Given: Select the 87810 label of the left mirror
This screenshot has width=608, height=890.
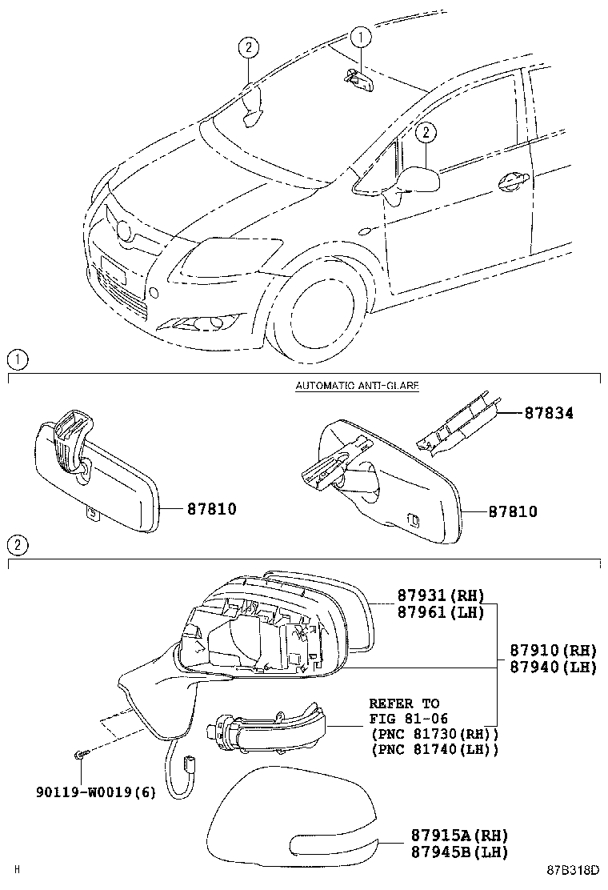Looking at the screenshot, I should point(212,509).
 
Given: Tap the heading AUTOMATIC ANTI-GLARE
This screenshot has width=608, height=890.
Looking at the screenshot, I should point(357,386).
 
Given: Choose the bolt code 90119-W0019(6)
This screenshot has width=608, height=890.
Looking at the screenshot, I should point(96,793).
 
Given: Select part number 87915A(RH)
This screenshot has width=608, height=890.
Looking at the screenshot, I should point(448,836).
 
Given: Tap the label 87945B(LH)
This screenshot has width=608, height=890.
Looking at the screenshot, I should point(448,852).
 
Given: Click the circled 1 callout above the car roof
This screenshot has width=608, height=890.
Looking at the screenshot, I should point(361,36).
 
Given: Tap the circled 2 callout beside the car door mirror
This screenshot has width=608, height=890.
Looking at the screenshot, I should point(426,132).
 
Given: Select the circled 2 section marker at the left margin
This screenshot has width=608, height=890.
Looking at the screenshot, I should point(18,546).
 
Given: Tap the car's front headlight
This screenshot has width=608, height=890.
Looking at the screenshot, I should point(228,255).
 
